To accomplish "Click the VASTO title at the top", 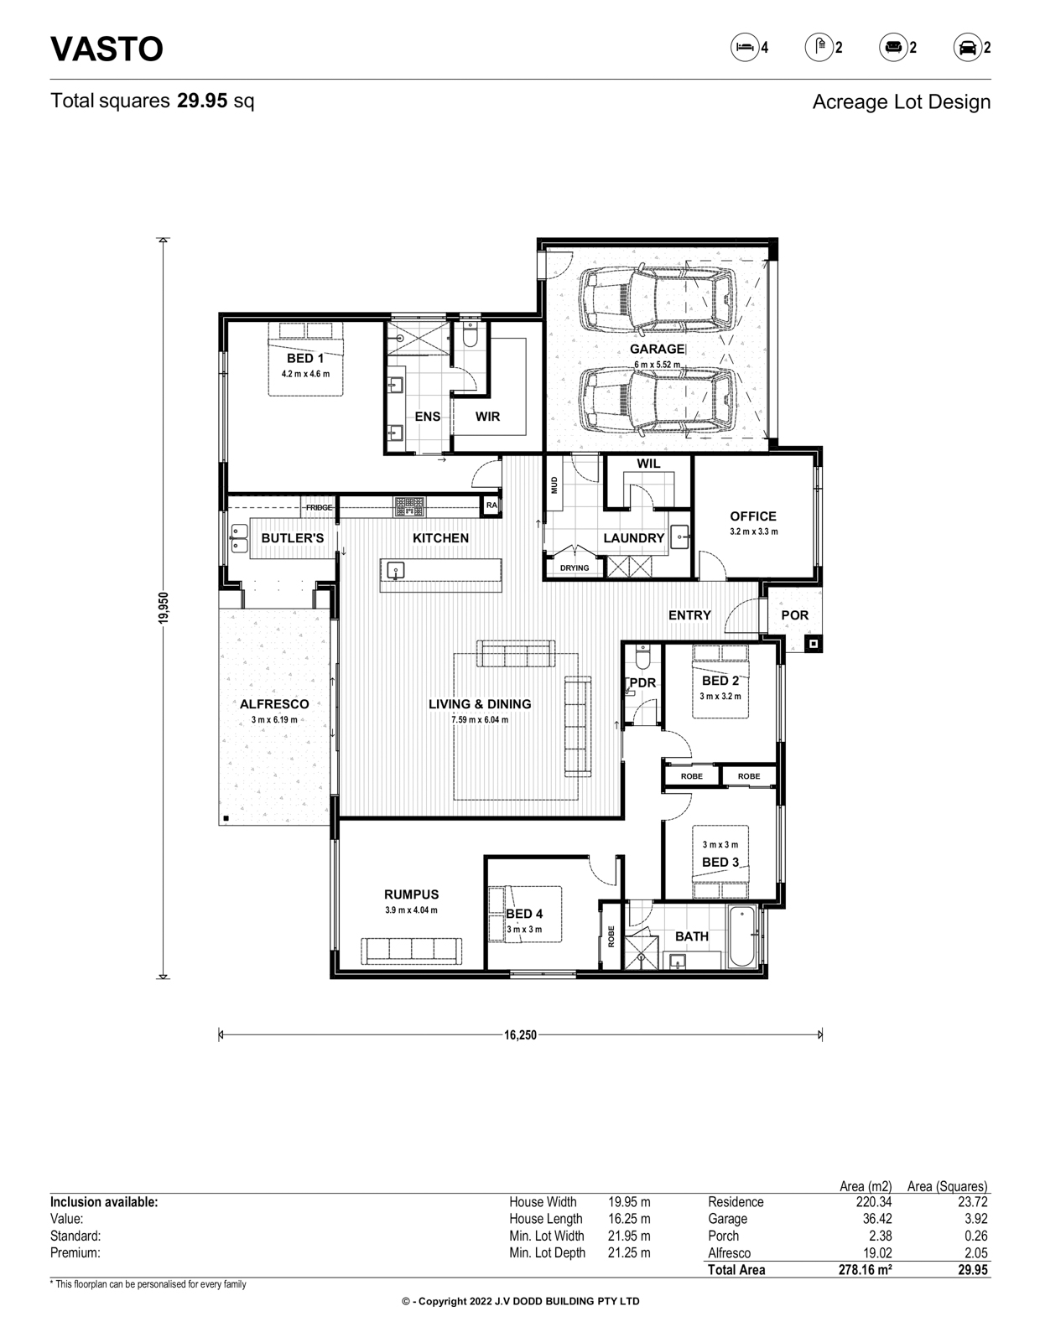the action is pyautogui.click(x=107, y=49).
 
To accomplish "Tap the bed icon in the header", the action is pyautogui.click(x=745, y=48).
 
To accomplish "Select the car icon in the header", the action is pyautogui.click(x=967, y=48).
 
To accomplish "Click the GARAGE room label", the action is pyautogui.click(x=657, y=349).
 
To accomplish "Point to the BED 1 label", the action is pyautogui.click(x=305, y=359).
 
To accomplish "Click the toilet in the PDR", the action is pyautogui.click(x=643, y=657).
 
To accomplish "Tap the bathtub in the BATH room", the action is pyautogui.click(x=742, y=937).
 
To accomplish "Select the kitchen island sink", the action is pyautogui.click(x=395, y=571).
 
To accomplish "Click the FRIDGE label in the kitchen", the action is pyautogui.click(x=319, y=507).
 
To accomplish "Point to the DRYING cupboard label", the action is pyautogui.click(x=575, y=568).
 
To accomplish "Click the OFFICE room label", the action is pyautogui.click(x=754, y=516).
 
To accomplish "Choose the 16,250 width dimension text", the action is pyautogui.click(x=520, y=1035).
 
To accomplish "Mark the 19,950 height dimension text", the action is pyautogui.click(x=164, y=609).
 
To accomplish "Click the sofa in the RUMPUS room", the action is pyautogui.click(x=412, y=951).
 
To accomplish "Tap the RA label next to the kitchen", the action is pyautogui.click(x=491, y=505).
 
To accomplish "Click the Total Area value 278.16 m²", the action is pyautogui.click(x=866, y=1253).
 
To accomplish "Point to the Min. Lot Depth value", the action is pyautogui.click(x=629, y=1236).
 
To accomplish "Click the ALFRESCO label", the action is pyautogui.click(x=274, y=704).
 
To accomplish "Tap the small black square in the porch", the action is pyautogui.click(x=813, y=643).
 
